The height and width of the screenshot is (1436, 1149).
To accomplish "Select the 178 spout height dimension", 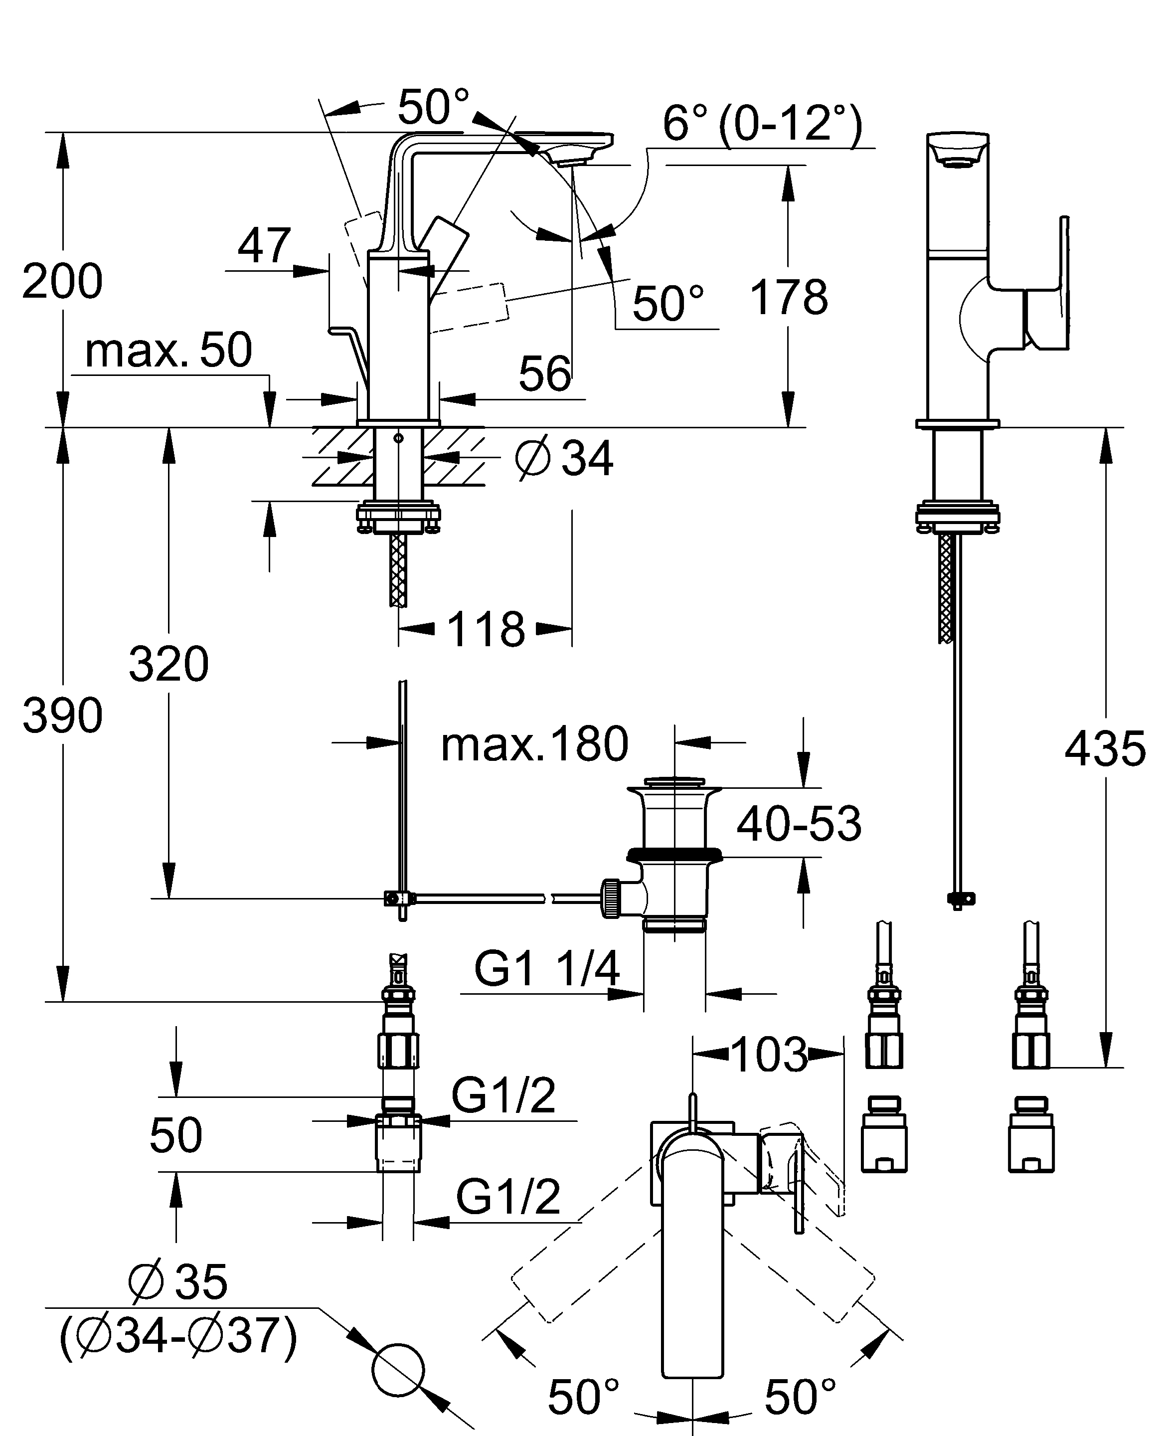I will point(789,297).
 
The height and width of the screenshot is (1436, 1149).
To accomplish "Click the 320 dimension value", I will point(168,664).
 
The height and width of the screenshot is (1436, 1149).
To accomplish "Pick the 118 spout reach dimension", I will point(486,629).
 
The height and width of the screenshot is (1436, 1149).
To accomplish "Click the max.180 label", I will point(534,744).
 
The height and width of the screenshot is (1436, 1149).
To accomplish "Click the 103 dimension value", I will point(769,1055).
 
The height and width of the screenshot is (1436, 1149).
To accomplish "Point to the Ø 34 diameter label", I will point(564,458).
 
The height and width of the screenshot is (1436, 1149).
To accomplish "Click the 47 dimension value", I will point(264,246).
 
